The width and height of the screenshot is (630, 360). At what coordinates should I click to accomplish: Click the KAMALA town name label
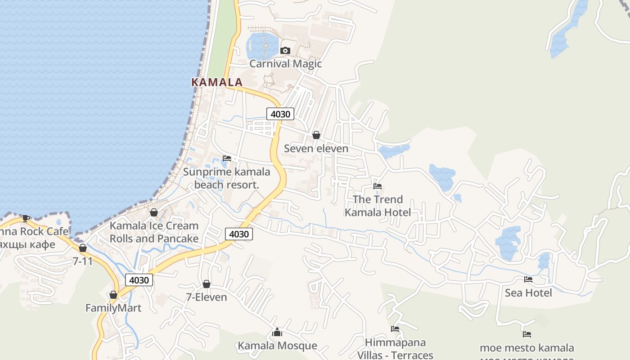[217, 82]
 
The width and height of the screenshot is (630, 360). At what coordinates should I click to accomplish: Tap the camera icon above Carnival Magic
[285, 50]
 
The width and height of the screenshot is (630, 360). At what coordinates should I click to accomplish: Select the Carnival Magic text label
[285, 63]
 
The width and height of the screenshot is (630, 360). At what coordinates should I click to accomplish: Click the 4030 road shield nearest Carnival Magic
[280, 114]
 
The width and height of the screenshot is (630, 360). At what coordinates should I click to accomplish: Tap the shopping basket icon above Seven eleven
[316, 135]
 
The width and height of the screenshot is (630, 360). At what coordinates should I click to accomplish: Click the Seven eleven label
[316, 148]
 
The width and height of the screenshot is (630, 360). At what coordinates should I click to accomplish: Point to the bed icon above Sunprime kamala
[227, 158]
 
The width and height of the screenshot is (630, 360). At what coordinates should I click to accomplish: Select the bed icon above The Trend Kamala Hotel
[378, 186]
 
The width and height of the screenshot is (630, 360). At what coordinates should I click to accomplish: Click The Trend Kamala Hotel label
[378, 206]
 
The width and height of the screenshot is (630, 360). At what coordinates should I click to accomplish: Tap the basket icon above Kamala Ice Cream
[154, 212]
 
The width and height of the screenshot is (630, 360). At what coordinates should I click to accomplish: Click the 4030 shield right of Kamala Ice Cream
[238, 234]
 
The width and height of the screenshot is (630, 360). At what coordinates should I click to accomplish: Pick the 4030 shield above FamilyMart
[139, 280]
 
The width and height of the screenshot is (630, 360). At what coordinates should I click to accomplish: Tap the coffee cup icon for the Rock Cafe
[26, 219]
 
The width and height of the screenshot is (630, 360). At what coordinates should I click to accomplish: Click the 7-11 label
[82, 261]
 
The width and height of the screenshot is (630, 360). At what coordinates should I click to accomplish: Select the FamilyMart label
[113, 308]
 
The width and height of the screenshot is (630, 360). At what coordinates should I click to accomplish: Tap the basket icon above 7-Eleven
[207, 284]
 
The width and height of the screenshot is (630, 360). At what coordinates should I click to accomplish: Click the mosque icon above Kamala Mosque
[277, 333]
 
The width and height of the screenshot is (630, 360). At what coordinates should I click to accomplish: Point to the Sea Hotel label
[528, 293]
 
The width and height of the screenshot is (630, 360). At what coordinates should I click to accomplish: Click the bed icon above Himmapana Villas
[395, 329]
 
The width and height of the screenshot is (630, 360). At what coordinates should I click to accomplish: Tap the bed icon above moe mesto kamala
[527, 334]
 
